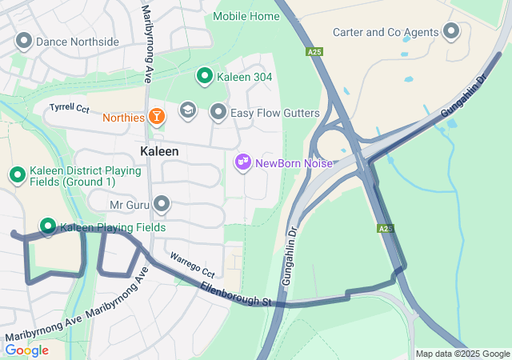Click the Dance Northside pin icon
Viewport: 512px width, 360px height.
click(x=23, y=41)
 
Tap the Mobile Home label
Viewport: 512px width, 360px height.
click(x=246, y=16)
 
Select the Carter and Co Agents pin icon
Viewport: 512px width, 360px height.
click(x=451, y=32)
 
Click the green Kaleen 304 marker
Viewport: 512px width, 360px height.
click(x=204, y=77)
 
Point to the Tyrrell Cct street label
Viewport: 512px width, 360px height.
click(x=69, y=106)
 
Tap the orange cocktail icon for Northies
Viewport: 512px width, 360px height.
click(x=156, y=118)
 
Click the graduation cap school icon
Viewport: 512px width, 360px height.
click(x=187, y=112)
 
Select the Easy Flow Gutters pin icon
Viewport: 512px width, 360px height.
click(x=218, y=113)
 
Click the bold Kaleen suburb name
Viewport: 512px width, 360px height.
click(x=159, y=150)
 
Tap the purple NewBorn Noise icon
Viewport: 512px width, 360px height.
click(x=243, y=163)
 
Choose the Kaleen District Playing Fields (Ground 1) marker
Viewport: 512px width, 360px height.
click(x=17, y=174)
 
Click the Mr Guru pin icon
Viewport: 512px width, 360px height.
click(x=162, y=205)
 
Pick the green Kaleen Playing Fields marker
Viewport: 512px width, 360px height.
click(x=48, y=227)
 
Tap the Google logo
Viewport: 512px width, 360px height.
click(x=26, y=350)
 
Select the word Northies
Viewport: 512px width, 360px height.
click(x=123, y=118)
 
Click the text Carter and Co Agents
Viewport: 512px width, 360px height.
click(x=386, y=32)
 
